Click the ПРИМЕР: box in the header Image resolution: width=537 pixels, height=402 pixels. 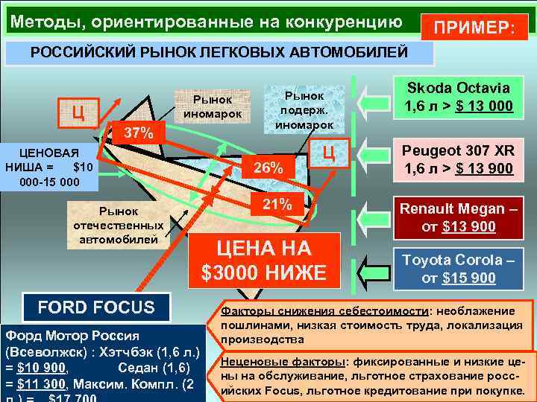tap(474, 28)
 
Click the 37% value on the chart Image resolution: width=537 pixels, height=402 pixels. tap(138, 135)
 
